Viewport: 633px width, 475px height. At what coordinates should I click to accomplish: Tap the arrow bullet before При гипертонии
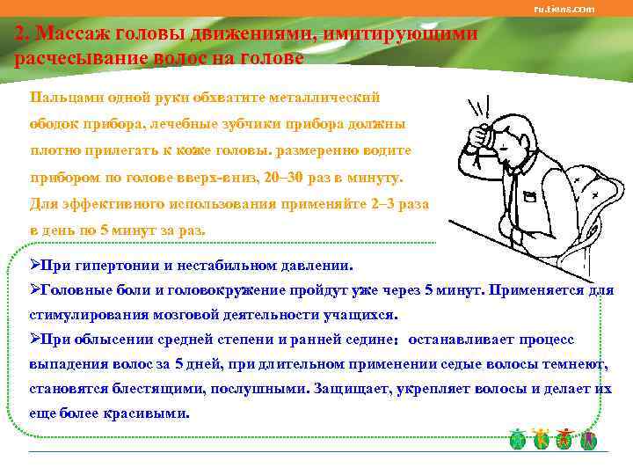coord(35,265)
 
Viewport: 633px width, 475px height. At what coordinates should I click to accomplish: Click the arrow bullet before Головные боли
coord(35,289)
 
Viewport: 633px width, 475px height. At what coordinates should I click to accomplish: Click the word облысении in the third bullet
coord(123,339)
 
